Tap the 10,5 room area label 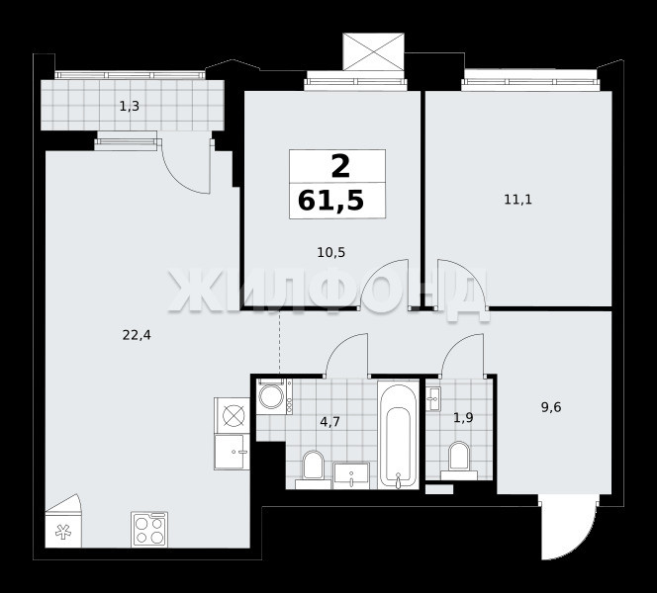331,253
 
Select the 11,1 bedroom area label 517,200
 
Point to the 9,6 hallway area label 551,407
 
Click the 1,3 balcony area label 129,107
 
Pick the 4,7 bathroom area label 329,421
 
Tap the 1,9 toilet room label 463,418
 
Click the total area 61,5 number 330,201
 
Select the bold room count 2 340,166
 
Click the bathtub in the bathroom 399,434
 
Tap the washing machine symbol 271,396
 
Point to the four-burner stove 149,530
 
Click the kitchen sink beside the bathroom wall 232,452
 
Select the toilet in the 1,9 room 459,461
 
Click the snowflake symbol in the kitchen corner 63,533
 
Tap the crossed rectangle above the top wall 373,51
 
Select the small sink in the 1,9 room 432,398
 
